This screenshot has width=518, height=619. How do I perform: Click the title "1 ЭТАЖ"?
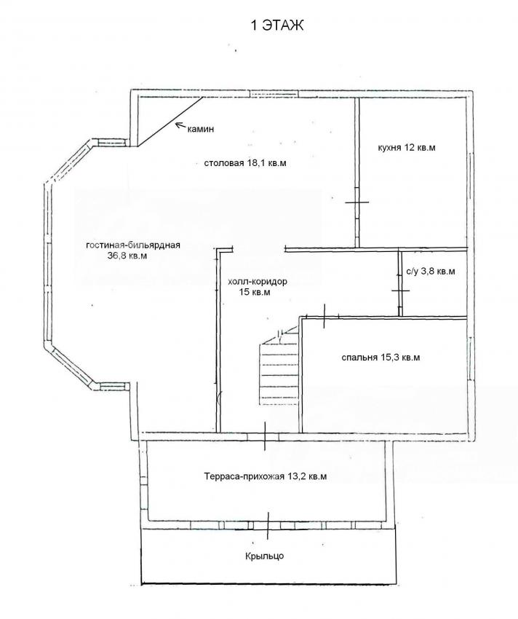[277, 25]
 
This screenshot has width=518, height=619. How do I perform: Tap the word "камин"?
[200, 129]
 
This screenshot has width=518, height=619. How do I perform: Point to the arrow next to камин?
[180, 125]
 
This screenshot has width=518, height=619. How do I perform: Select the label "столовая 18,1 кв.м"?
[245, 163]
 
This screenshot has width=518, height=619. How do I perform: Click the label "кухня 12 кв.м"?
[407, 148]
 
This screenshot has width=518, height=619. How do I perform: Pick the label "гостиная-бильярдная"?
[133, 245]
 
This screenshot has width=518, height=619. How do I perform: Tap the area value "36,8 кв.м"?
[127, 256]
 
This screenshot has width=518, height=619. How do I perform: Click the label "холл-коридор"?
[258, 282]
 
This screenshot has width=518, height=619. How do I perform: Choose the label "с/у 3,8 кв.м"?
[431, 272]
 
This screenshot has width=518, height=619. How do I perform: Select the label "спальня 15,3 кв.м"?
[380, 358]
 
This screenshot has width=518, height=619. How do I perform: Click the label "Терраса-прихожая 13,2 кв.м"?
[266, 476]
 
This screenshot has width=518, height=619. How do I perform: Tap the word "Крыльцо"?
[264, 556]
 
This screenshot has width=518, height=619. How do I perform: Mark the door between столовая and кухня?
[357, 202]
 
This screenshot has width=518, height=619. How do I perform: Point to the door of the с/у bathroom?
[400, 290]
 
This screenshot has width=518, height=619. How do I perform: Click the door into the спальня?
[324, 316]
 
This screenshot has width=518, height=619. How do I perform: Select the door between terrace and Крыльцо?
[268, 526]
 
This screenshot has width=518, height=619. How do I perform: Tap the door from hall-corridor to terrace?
[265, 436]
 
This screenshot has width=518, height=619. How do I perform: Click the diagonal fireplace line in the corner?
[170, 121]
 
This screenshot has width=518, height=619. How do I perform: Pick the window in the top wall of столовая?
[273, 94]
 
